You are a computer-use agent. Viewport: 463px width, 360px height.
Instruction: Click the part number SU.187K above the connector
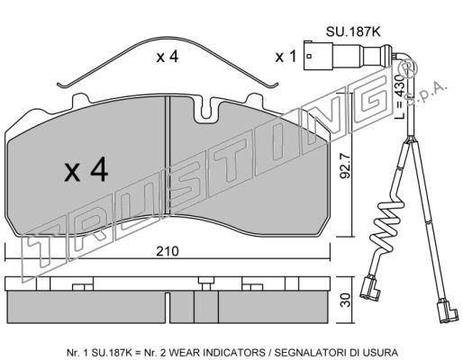coord(353,31)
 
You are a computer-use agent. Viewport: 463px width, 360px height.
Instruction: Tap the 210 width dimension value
coord(168,251)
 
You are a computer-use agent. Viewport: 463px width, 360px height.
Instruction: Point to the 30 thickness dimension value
coord(346,300)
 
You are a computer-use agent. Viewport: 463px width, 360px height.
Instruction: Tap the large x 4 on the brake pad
coord(86,170)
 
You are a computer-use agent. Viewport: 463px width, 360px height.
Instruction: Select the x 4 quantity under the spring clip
coord(168,57)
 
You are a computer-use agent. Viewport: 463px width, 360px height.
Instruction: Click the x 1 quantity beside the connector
coord(286,57)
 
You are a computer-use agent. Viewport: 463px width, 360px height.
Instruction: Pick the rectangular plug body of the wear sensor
coord(318,56)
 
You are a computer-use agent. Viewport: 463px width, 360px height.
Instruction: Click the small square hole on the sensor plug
coord(310,56)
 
